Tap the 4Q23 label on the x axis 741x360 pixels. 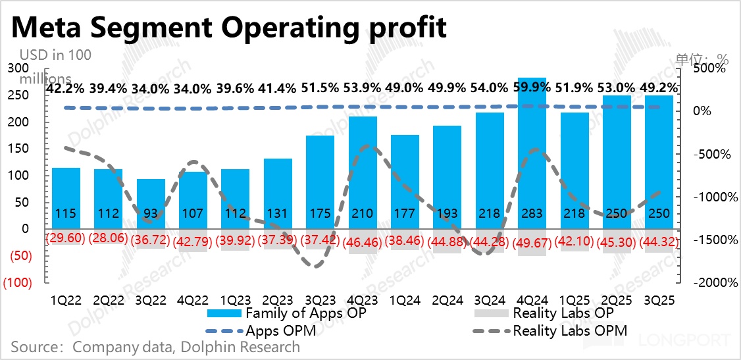pos(363,299)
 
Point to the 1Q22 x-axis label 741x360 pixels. pos(66,299)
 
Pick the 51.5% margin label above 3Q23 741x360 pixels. pos(320,88)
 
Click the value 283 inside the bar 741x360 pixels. pos(533,213)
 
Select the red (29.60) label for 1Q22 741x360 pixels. pos(66,238)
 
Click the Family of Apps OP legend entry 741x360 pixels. pos(305,313)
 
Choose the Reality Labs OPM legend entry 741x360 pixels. pos(570,330)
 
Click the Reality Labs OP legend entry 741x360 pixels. pos(563,313)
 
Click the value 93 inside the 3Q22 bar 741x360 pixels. pos(151,213)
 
